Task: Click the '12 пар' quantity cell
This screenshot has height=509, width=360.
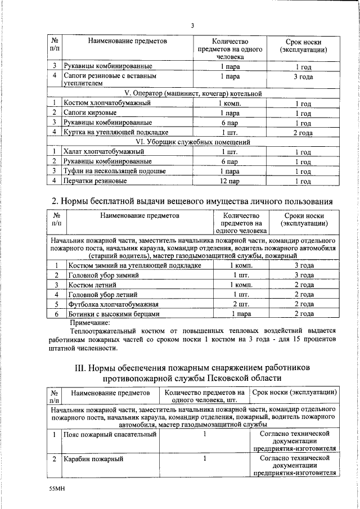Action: click(229, 181)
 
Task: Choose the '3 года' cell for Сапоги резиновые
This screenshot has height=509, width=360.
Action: click(303, 76)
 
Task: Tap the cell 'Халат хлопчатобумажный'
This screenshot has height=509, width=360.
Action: click(104, 152)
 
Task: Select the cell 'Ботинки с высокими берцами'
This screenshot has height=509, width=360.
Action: click(114, 314)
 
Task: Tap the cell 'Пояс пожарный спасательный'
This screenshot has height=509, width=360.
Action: click(109, 435)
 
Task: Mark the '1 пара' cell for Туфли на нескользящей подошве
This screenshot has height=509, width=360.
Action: click(229, 172)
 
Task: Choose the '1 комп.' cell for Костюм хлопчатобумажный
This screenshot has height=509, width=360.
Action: click(229, 103)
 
